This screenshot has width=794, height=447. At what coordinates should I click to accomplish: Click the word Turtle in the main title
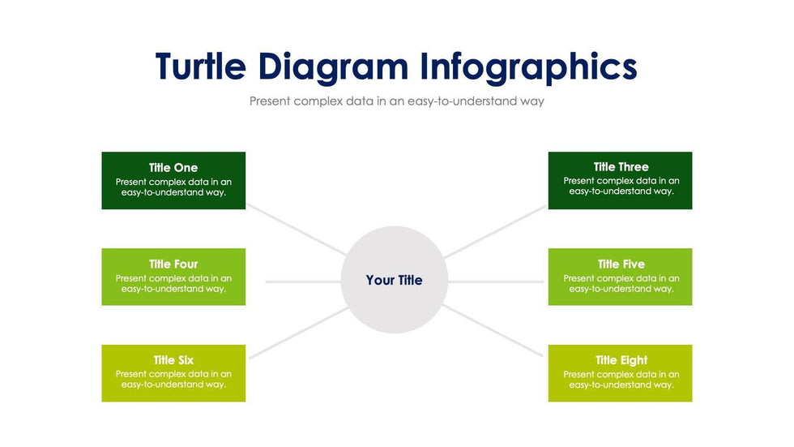(201, 67)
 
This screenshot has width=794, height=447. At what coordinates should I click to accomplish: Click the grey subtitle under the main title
(396, 101)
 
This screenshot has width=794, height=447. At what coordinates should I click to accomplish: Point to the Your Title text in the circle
(394, 280)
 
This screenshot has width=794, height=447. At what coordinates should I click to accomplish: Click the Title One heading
(173, 168)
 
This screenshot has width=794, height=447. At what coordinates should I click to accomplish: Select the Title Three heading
(621, 167)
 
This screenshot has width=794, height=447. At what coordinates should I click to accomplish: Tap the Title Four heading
(173, 264)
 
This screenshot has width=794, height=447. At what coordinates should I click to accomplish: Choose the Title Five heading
(621, 264)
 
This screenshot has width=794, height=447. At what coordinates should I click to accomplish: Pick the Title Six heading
(173, 360)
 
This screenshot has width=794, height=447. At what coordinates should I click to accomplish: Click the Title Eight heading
(621, 360)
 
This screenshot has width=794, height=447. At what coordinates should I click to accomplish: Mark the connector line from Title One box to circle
(297, 230)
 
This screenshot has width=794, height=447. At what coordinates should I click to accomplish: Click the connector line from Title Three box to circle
(495, 231)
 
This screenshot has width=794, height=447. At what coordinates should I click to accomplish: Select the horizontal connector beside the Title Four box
(303, 282)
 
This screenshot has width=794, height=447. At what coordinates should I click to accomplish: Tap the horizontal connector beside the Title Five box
(496, 282)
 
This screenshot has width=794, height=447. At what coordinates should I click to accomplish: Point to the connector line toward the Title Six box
(298, 333)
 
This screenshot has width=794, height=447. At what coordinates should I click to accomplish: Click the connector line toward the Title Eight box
(493, 330)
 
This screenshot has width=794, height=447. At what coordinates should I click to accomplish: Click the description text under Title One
(173, 187)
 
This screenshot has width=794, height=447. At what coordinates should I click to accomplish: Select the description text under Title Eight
(621, 380)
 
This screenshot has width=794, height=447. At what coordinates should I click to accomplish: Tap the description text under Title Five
(621, 283)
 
